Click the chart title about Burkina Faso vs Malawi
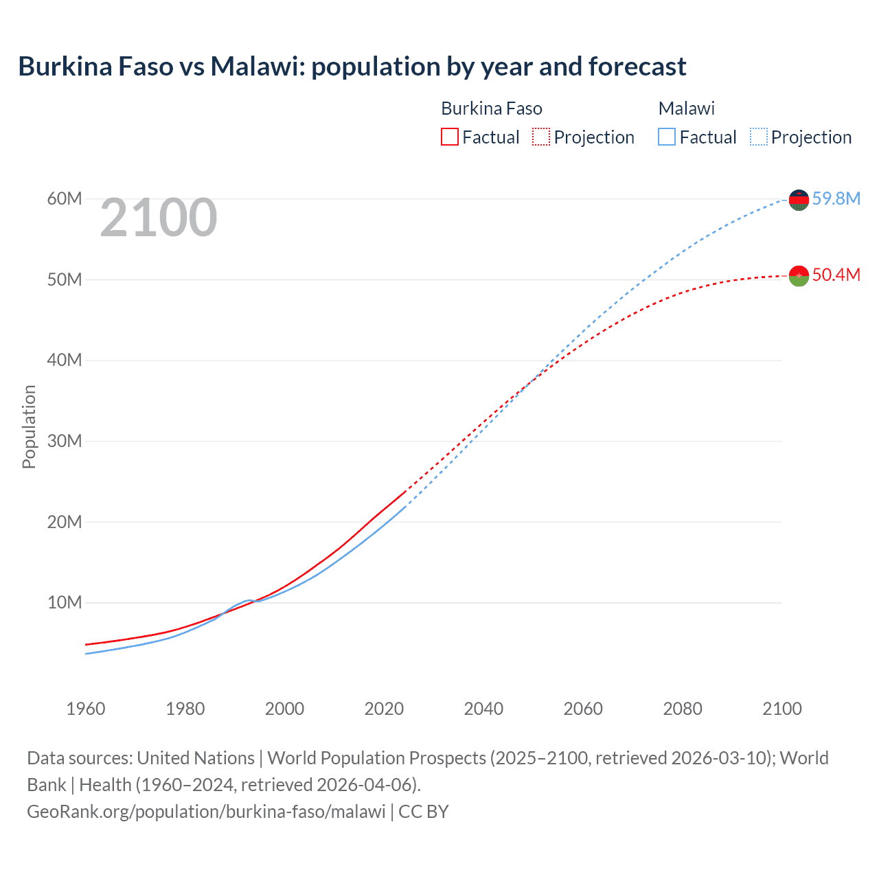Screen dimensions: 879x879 tap(352, 67)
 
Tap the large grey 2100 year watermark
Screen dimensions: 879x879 tap(159, 218)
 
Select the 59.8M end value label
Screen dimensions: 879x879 tap(836, 198)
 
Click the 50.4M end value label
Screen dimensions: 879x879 tap(836, 275)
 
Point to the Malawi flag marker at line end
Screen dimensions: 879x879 tap(799, 200)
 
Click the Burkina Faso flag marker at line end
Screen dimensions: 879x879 tap(799, 276)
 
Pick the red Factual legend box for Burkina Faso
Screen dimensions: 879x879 tap(450, 137)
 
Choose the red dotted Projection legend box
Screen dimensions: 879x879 tap(541, 137)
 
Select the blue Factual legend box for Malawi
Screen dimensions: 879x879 tap(667, 137)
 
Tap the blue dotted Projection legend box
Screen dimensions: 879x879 tap(759, 137)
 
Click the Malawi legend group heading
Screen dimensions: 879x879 tap(686, 109)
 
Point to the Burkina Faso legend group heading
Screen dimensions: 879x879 tap(491, 109)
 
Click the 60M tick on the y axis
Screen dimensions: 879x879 tap(65, 198)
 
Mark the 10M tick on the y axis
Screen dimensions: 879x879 tap(65, 602)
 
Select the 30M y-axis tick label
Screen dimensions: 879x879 tap(65, 441)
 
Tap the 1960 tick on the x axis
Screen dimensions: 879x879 tap(86, 709)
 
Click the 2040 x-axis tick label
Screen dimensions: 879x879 tap(483, 709)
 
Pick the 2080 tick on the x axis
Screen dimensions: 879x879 tap(683, 709)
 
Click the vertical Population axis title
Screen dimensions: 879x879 tap(29, 426)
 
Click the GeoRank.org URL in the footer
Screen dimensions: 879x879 tap(206, 812)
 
